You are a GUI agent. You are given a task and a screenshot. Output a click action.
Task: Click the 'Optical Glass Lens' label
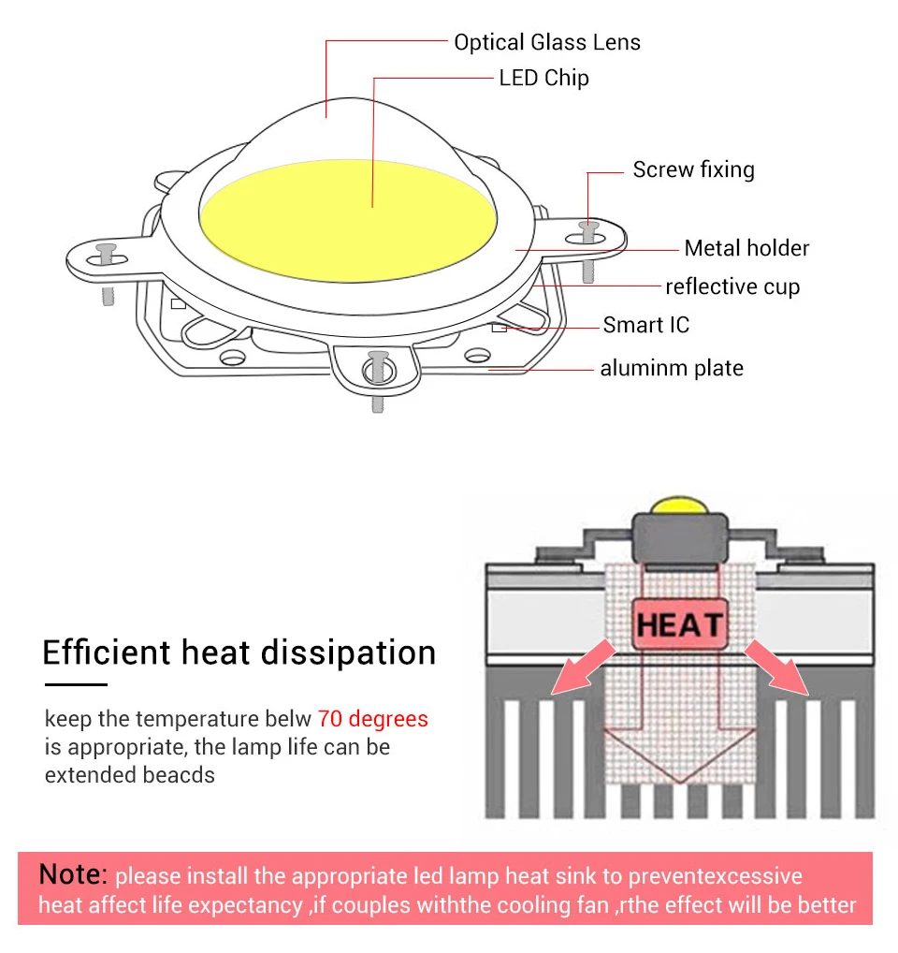(x=547, y=42)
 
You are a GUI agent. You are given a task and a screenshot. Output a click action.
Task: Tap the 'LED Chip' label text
(x=543, y=78)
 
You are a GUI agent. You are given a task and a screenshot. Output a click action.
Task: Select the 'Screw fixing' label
(x=693, y=169)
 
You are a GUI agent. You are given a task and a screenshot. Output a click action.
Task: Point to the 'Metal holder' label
(x=746, y=248)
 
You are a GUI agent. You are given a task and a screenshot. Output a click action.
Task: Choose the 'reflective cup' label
(x=732, y=286)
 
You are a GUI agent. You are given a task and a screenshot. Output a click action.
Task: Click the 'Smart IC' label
(x=645, y=325)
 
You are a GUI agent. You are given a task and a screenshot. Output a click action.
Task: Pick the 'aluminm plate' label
(x=672, y=368)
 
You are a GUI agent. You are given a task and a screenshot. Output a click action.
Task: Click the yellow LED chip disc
(x=347, y=225)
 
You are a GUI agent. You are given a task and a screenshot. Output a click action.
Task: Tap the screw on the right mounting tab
(x=588, y=228)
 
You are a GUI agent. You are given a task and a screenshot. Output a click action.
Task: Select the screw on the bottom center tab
(x=378, y=361)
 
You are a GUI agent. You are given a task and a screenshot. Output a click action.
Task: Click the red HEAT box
(x=679, y=624)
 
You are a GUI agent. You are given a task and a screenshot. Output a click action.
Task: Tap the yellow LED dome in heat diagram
(x=679, y=505)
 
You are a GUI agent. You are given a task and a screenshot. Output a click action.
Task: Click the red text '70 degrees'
(x=372, y=719)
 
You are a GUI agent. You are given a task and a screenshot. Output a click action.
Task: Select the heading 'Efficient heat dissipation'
(x=239, y=652)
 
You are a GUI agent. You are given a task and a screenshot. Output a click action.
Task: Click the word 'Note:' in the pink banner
(x=73, y=874)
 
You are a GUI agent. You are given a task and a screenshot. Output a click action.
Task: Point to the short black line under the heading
(x=75, y=685)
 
